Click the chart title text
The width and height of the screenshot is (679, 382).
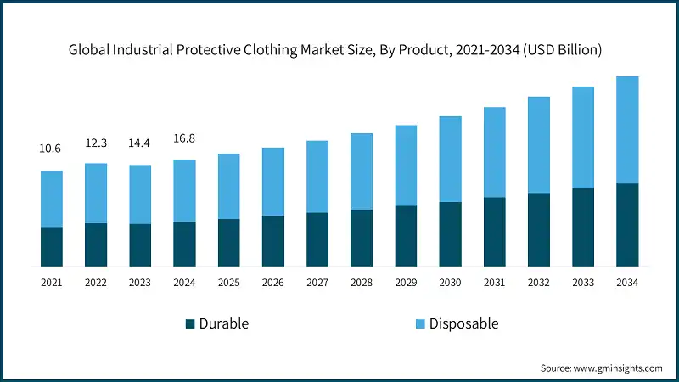[x=335, y=50]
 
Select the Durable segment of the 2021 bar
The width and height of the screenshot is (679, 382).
[x=52, y=246]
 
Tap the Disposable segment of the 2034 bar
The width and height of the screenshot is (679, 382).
[x=627, y=130]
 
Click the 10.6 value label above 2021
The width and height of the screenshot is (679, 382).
[x=52, y=149]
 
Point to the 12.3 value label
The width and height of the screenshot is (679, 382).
[x=96, y=143]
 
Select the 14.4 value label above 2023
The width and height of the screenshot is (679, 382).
[x=140, y=143]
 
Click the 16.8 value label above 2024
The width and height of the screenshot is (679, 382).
[x=184, y=138]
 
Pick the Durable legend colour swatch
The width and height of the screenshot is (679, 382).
[x=190, y=323]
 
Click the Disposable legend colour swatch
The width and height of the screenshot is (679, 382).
[x=420, y=323]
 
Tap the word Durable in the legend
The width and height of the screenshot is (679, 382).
[x=224, y=323]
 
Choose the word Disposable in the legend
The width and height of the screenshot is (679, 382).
[x=463, y=323]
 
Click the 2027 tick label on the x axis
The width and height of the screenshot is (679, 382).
[x=317, y=282]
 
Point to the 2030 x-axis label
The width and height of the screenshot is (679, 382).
[x=450, y=282]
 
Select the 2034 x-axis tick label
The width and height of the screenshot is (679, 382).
[x=627, y=282]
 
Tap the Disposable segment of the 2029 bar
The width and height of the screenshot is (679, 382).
[x=406, y=166]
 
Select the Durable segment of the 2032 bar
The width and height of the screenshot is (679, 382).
[x=538, y=229]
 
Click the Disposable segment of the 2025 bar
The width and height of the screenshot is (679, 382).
[x=228, y=186]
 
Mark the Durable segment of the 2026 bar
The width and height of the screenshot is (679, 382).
[x=272, y=241]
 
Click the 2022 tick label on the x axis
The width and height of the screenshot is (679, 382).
[x=96, y=282]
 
